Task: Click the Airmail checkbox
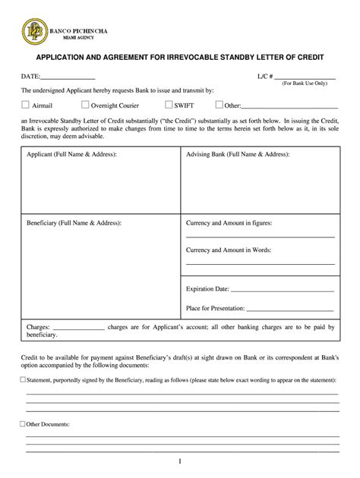25,105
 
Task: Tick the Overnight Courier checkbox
84,105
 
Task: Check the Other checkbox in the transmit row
219,105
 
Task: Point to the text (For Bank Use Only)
304,85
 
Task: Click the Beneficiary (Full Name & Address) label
74,223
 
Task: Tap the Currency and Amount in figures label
229,223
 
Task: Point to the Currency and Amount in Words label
228,250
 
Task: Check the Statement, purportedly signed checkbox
22,379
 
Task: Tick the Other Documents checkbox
22,424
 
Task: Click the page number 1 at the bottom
180,461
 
